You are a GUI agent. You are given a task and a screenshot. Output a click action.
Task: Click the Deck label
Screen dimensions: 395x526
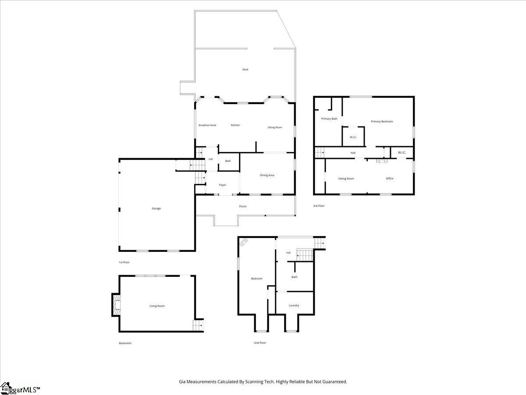coord(245,69)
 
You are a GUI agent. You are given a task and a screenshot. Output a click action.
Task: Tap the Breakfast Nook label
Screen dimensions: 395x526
coord(207,126)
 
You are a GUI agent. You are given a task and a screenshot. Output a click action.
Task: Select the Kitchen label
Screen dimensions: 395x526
coord(235,126)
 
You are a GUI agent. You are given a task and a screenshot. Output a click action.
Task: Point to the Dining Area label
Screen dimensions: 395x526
coord(267,175)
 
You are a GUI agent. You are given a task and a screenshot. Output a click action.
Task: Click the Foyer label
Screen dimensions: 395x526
coord(223,185)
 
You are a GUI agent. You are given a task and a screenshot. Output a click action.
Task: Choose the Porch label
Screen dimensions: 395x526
coord(243,206)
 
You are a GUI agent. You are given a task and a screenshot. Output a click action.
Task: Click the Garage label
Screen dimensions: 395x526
coord(156,208)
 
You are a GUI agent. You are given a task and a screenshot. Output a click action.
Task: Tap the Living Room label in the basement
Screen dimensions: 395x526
coord(157,306)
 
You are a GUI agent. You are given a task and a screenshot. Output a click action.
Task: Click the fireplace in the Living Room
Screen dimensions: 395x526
coord(116,305)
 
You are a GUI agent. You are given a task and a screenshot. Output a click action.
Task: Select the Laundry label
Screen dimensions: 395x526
coord(294,305)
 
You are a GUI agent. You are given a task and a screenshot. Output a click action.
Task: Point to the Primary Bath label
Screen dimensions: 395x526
coord(329,118)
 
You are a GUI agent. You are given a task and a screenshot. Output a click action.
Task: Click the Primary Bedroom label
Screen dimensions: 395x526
coord(382,122)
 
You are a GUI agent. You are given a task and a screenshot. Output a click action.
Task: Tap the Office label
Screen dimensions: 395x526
coord(390,179)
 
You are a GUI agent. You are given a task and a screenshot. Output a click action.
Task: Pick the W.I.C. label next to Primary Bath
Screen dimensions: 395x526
coord(353,137)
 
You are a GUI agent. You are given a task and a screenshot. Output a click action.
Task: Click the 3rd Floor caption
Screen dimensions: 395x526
coord(319,206)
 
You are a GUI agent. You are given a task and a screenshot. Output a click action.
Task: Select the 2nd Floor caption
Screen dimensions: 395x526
coord(260,343)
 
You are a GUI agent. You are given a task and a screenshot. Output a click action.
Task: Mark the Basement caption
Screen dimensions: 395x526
coord(125,343)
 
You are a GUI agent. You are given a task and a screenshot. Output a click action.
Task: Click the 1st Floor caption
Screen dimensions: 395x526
coord(124,262)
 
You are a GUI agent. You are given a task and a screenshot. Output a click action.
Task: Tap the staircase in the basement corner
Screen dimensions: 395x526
coord(198,326)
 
